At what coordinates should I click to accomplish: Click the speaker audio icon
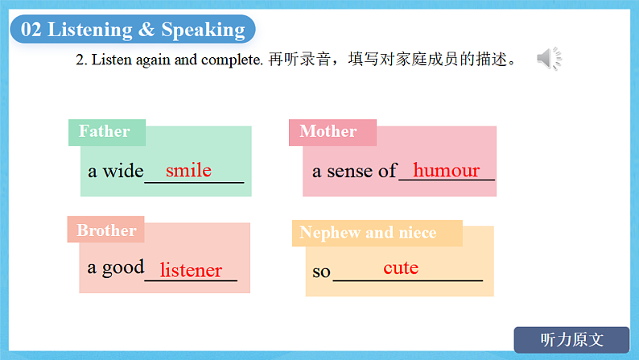549,59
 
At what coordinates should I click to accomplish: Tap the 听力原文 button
571,340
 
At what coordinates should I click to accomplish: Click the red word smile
188,171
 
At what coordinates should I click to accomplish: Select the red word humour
446,171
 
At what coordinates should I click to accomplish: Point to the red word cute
401,268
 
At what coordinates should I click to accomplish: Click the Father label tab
105,131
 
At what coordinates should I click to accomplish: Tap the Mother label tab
328,131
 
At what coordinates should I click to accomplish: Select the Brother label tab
106,230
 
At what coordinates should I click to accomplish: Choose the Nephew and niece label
368,233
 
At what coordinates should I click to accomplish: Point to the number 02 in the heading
31,30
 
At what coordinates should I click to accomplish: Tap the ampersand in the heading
146,30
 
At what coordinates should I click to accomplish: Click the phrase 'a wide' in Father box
115,172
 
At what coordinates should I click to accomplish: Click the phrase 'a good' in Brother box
115,267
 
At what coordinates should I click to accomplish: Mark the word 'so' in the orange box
321,271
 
